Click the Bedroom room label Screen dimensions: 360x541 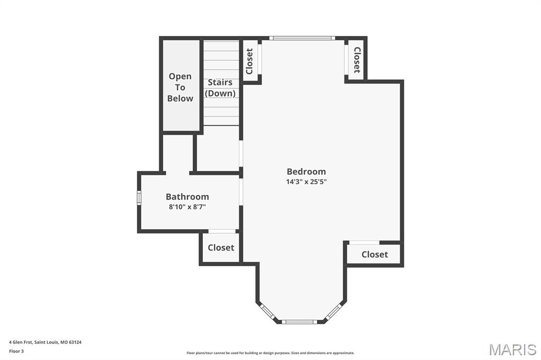pos(306,172)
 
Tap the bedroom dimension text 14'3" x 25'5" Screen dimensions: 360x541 pos(306,182)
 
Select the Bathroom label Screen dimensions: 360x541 pos(187,197)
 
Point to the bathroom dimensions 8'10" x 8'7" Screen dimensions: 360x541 pos(187,207)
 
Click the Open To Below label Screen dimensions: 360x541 pos(180,87)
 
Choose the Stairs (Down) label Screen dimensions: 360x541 pos(220,88)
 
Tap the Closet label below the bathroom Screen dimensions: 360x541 pos(221,248)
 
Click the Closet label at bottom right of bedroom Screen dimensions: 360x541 pos(375,254)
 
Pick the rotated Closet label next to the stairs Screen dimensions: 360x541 pos(249,61)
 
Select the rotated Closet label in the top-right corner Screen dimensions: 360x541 pos(357,60)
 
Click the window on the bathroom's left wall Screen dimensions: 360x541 pos(139,197)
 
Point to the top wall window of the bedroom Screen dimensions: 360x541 pos(302,38)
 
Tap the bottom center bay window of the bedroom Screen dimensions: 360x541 pos(299,321)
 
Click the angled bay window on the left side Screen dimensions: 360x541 pos(268,311)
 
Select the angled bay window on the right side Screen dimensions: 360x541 pos(333,311)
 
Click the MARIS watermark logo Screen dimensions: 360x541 pos(512,349)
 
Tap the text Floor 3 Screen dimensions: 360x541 pos(16,351)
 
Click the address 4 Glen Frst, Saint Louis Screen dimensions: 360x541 pos(45,342)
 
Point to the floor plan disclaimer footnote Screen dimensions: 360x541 pos(270,353)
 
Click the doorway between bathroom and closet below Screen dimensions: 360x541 pos(222,231)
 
